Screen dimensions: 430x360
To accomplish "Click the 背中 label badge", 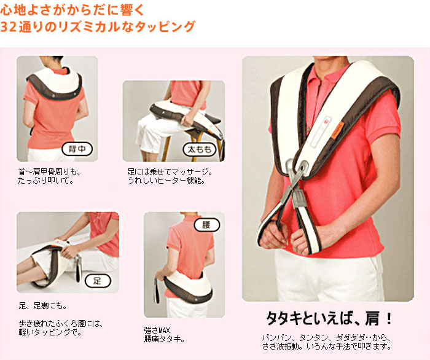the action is pos(77,149).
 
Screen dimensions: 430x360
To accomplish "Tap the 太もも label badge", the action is pos(200,149).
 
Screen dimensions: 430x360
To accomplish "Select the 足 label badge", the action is pos(98,281).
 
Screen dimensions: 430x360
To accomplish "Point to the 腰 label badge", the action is pos(207,225).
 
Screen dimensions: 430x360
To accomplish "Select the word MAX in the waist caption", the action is pos(164,330).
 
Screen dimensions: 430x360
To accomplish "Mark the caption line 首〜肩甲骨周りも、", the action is pos(49,172).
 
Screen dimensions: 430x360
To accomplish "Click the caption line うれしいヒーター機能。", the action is pos(166,181).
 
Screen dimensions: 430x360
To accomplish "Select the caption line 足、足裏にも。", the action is pos(43,305).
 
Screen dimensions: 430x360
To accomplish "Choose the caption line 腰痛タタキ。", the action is pos(164,339).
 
